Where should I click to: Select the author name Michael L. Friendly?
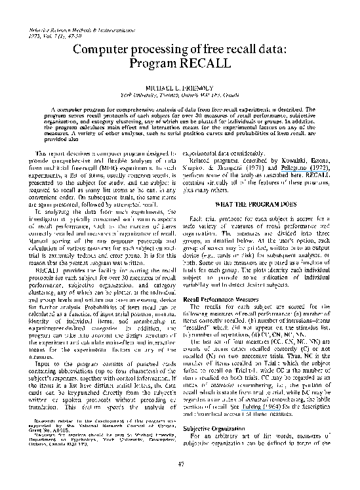[179, 87]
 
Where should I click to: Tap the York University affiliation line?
[179, 93]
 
